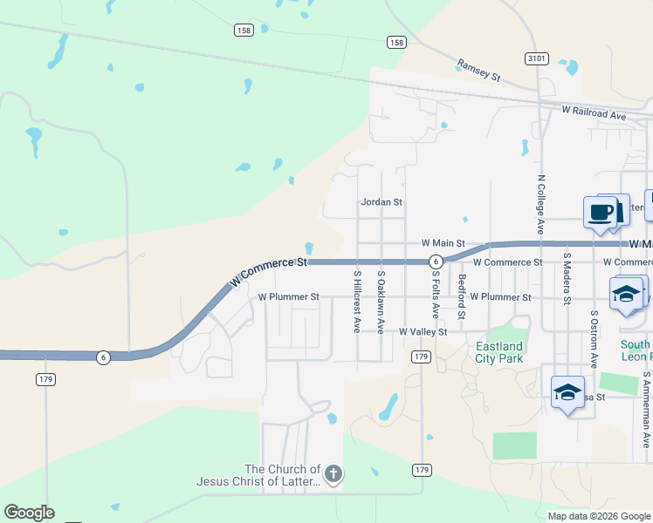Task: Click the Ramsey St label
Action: pyautogui.click(x=478, y=71)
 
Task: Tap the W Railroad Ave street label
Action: pyautogui.click(x=594, y=114)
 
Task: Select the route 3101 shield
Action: pyautogui.click(x=537, y=58)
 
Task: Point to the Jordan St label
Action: pyautogui.click(x=381, y=202)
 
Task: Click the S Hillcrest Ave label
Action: pyautogui.click(x=357, y=301)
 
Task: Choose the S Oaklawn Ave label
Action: pyautogui.click(x=381, y=301)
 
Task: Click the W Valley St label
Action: pyautogui.click(x=423, y=332)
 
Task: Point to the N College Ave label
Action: pyautogui.click(x=541, y=202)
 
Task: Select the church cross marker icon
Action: pyautogui.click(x=333, y=475)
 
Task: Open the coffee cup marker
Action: pyautogui.click(x=600, y=212)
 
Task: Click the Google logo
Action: pyautogui.click(x=29, y=513)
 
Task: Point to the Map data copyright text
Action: pyautogui.click(x=599, y=516)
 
